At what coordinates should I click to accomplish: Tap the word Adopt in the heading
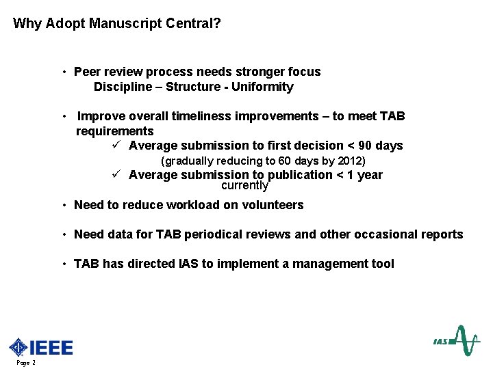tap(63, 24)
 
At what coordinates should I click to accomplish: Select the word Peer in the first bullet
tap(87, 72)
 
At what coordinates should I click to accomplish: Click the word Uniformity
tap(262, 87)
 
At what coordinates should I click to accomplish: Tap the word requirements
tap(115, 131)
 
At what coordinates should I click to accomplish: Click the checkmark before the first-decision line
tap(117, 146)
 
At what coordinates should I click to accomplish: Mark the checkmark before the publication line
tap(117, 174)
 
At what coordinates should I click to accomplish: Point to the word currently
tap(244, 186)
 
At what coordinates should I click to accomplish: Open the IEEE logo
tap(41, 347)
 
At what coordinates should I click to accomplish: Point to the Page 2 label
tap(25, 363)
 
